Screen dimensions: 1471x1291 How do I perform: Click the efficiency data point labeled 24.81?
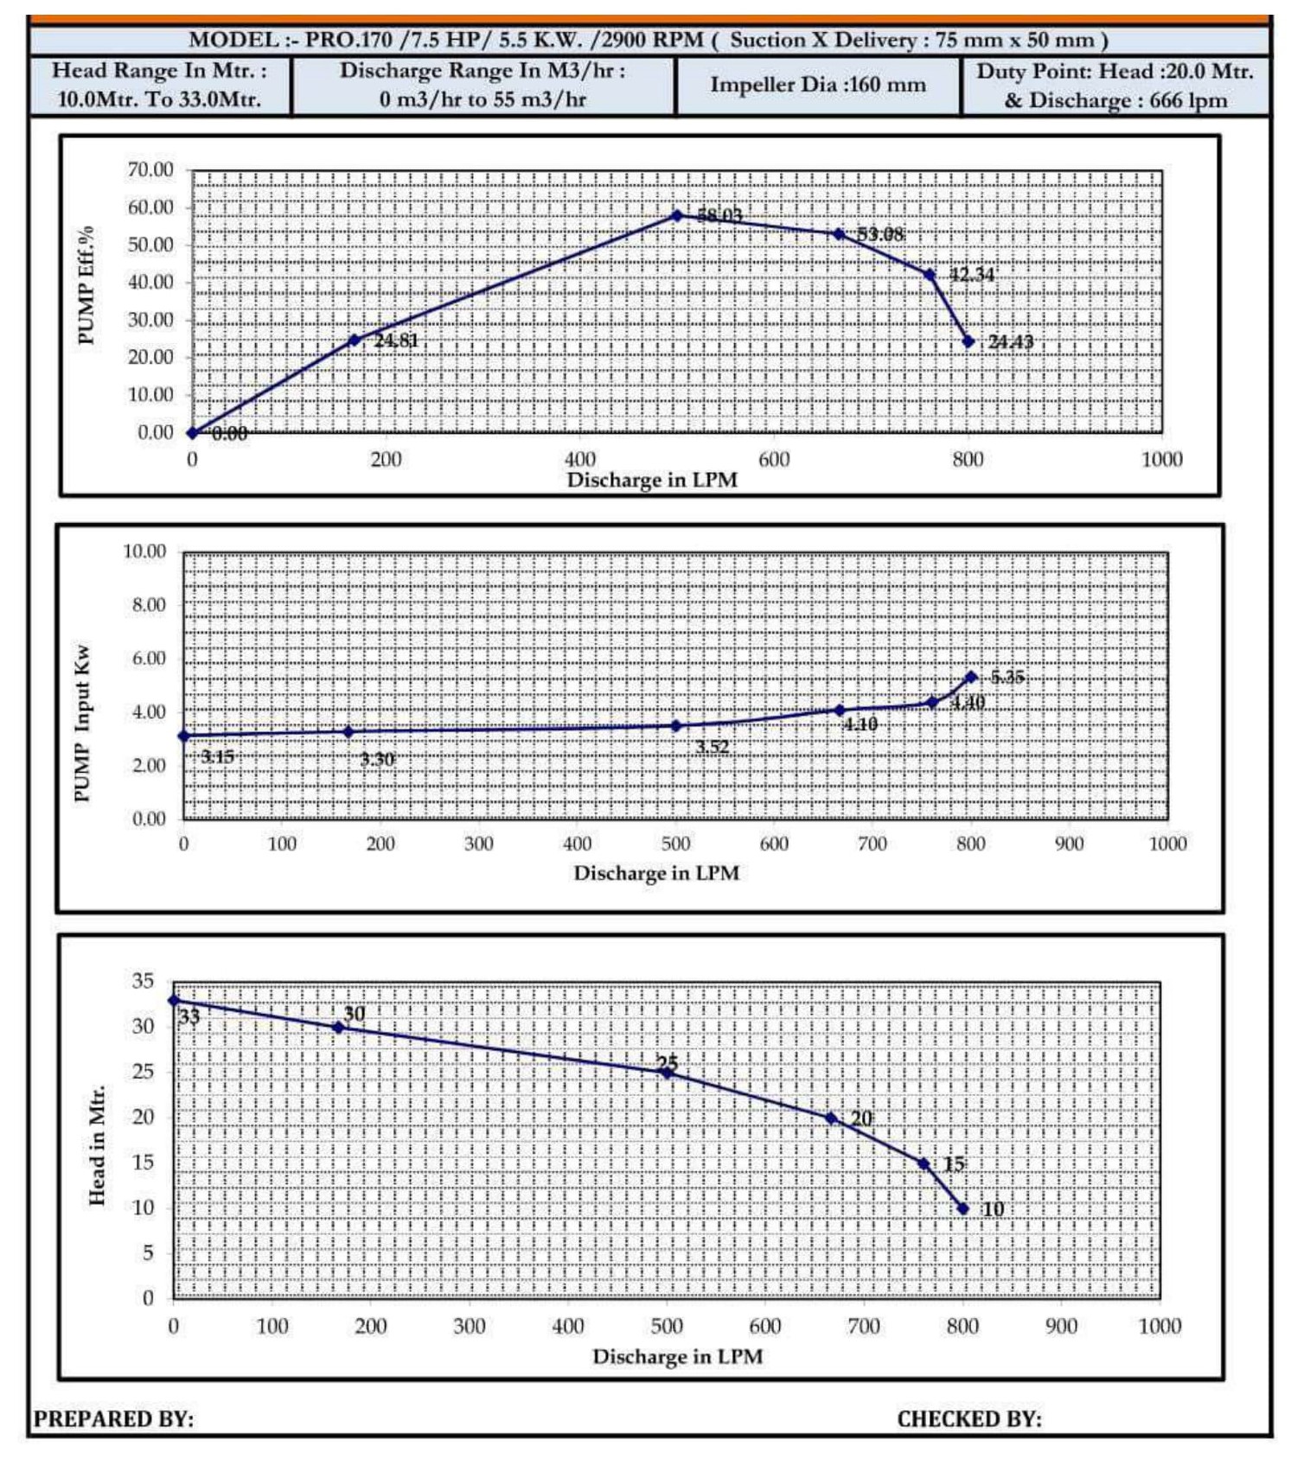pyautogui.click(x=354, y=340)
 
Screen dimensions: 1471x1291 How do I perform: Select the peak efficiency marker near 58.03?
pyautogui.click(x=677, y=215)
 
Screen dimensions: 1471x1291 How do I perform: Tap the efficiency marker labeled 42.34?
pyautogui.click(x=930, y=275)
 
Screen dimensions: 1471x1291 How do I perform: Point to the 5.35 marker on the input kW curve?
pyautogui.click(x=971, y=677)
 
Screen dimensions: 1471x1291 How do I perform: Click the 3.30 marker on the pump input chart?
pyautogui.click(x=348, y=732)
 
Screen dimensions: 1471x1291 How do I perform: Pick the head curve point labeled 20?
pyautogui.click(x=831, y=1118)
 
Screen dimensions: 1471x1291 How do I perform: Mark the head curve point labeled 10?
pyautogui.click(x=963, y=1208)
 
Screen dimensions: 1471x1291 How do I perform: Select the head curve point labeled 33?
pyautogui.click(x=174, y=1000)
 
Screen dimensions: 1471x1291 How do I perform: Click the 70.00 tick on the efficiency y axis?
pyautogui.click(x=150, y=169)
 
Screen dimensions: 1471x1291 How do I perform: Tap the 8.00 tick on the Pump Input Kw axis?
pyautogui.click(x=149, y=605)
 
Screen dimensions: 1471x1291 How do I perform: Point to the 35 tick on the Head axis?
pyautogui.click(x=143, y=981)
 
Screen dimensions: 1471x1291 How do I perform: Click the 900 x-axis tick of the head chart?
pyautogui.click(x=1061, y=1326)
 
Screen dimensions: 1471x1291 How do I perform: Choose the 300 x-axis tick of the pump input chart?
pyautogui.click(x=478, y=844)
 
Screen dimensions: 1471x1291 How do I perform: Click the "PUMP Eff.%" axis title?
pyautogui.click(x=86, y=286)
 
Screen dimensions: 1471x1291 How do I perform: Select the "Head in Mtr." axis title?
pyautogui.click(x=97, y=1144)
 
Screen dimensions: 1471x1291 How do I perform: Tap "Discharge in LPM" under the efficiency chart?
pyautogui.click(x=652, y=480)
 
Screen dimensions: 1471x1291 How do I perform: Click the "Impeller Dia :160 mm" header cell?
pyautogui.click(x=817, y=85)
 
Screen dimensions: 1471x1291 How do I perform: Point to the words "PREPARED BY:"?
pyautogui.click(x=113, y=1419)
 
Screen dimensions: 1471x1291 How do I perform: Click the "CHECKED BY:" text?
pyautogui.click(x=968, y=1419)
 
